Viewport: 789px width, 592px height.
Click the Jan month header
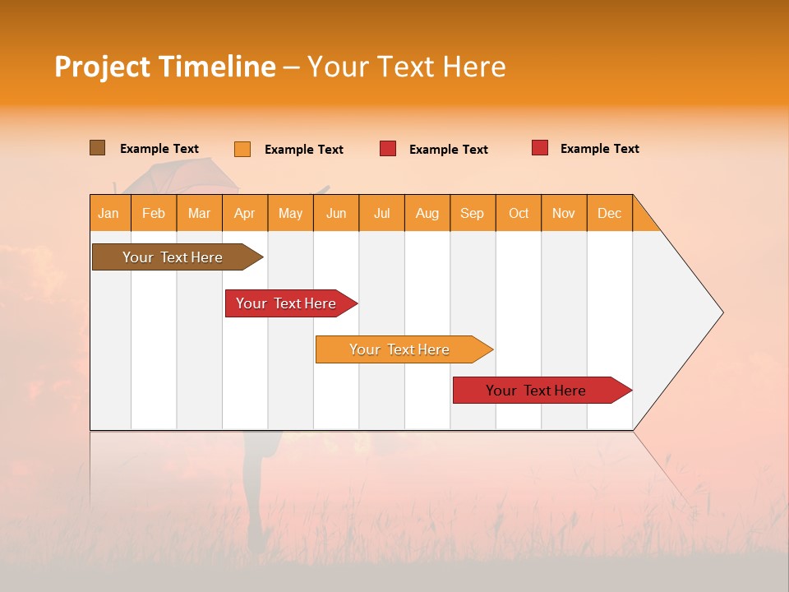click(108, 213)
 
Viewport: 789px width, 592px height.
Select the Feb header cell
click(154, 213)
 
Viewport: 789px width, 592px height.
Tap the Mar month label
click(199, 213)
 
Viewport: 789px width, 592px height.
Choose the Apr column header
click(244, 213)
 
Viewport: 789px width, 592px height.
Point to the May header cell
click(290, 213)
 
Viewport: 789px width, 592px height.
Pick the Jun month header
click(336, 213)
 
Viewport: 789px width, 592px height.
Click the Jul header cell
click(381, 213)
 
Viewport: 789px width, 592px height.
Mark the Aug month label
click(427, 213)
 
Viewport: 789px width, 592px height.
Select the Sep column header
click(473, 213)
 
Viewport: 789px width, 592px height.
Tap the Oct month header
click(519, 213)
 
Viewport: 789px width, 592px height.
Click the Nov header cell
click(564, 213)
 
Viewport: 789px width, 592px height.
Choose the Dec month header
click(610, 213)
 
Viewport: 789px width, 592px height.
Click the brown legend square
click(97, 148)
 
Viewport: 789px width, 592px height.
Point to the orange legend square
click(242, 149)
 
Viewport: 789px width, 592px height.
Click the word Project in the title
click(103, 67)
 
